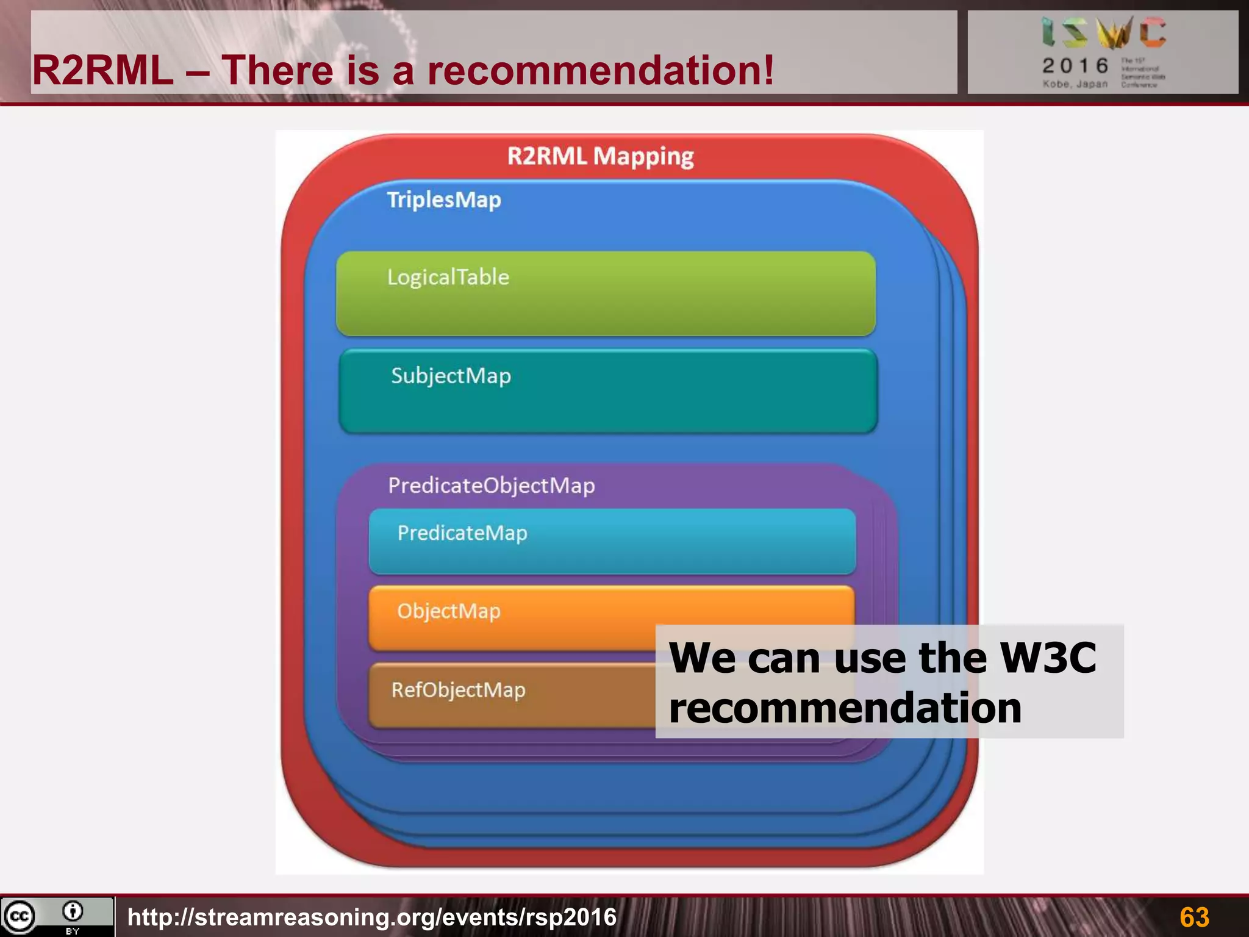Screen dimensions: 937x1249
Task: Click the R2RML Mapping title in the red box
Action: tap(600, 157)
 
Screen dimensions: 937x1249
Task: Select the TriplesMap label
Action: tap(444, 200)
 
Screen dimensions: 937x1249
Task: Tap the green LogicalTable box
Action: tap(606, 294)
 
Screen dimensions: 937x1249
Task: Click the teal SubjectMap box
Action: tap(608, 392)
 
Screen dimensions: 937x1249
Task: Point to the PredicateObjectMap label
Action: tap(492, 486)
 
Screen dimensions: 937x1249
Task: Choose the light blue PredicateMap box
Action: tap(612, 542)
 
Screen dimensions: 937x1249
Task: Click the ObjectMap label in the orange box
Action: tap(449, 611)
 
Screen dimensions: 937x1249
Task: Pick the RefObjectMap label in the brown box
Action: tap(458, 690)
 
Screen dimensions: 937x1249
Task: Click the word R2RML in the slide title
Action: tap(102, 71)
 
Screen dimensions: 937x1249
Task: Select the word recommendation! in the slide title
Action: tap(600, 71)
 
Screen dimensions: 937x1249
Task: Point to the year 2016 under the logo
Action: tap(1075, 66)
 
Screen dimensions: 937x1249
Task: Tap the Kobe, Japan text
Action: tap(1075, 84)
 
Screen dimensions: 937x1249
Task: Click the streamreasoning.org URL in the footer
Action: tap(372, 917)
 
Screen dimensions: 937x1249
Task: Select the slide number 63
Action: tap(1194, 917)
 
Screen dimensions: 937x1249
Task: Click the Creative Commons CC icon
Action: tap(20, 916)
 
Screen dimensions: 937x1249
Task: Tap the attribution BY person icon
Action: tap(73, 912)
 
